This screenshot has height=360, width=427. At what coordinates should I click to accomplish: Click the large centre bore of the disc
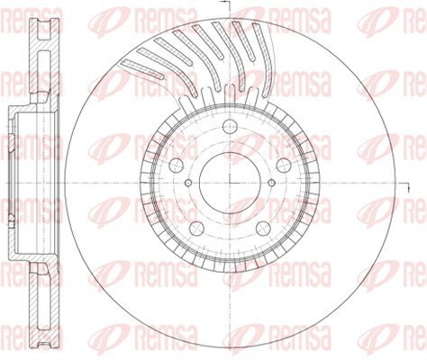point(230,183)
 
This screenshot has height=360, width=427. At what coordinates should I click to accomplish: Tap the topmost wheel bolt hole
point(230,126)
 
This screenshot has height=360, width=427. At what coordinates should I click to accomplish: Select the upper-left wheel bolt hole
point(177,165)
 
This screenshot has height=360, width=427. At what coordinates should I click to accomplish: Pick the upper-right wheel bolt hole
point(284,165)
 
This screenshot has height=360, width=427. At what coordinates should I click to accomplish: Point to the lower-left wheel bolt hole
point(196,228)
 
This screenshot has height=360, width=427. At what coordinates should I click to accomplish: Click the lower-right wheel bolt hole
point(263,228)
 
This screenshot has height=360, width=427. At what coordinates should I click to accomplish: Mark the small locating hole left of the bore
point(188,183)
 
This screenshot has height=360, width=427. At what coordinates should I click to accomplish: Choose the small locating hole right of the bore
point(271,183)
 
